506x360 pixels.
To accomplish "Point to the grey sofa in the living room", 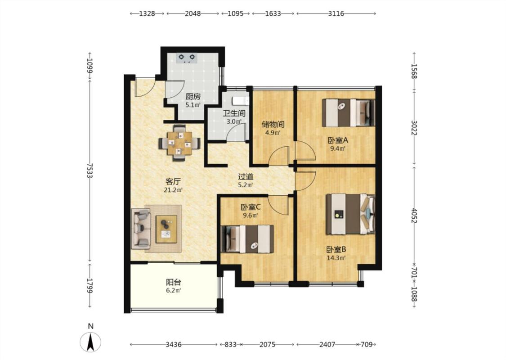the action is [x=141, y=229].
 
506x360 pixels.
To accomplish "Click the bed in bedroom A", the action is [x=349, y=112].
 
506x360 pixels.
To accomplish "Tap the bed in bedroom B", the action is [x=350, y=214].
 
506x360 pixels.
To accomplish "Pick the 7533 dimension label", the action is [x=90, y=171].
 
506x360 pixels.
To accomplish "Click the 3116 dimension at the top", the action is [x=336, y=13].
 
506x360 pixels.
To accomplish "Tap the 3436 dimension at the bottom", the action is [x=174, y=345].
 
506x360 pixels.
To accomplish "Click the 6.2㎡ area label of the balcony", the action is [x=174, y=291].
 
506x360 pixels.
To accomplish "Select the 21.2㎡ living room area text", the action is [x=173, y=190].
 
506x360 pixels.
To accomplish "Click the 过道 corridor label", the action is [x=246, y=176].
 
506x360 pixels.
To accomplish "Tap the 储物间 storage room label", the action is [x=273, y=124].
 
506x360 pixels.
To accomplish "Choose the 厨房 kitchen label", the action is [x=193, y=97].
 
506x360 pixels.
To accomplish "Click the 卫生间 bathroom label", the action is [x=234, y=113].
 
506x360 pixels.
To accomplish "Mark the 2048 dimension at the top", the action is [x=193, y=13].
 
